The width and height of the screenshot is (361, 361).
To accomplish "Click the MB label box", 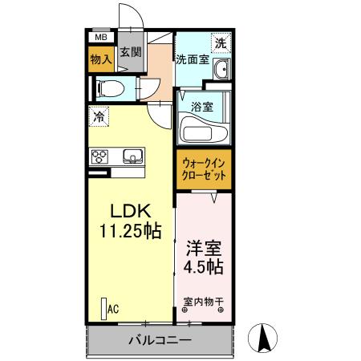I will point(101,37).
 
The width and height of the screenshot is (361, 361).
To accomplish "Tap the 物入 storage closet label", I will point(100,59).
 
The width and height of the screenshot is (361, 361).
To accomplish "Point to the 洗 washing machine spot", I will point(219,43).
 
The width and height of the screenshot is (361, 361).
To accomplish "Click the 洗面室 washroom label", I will point(193,59).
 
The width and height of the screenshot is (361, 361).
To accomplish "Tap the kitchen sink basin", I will point(131,156).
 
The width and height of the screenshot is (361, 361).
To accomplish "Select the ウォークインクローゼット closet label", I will point(203,169).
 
